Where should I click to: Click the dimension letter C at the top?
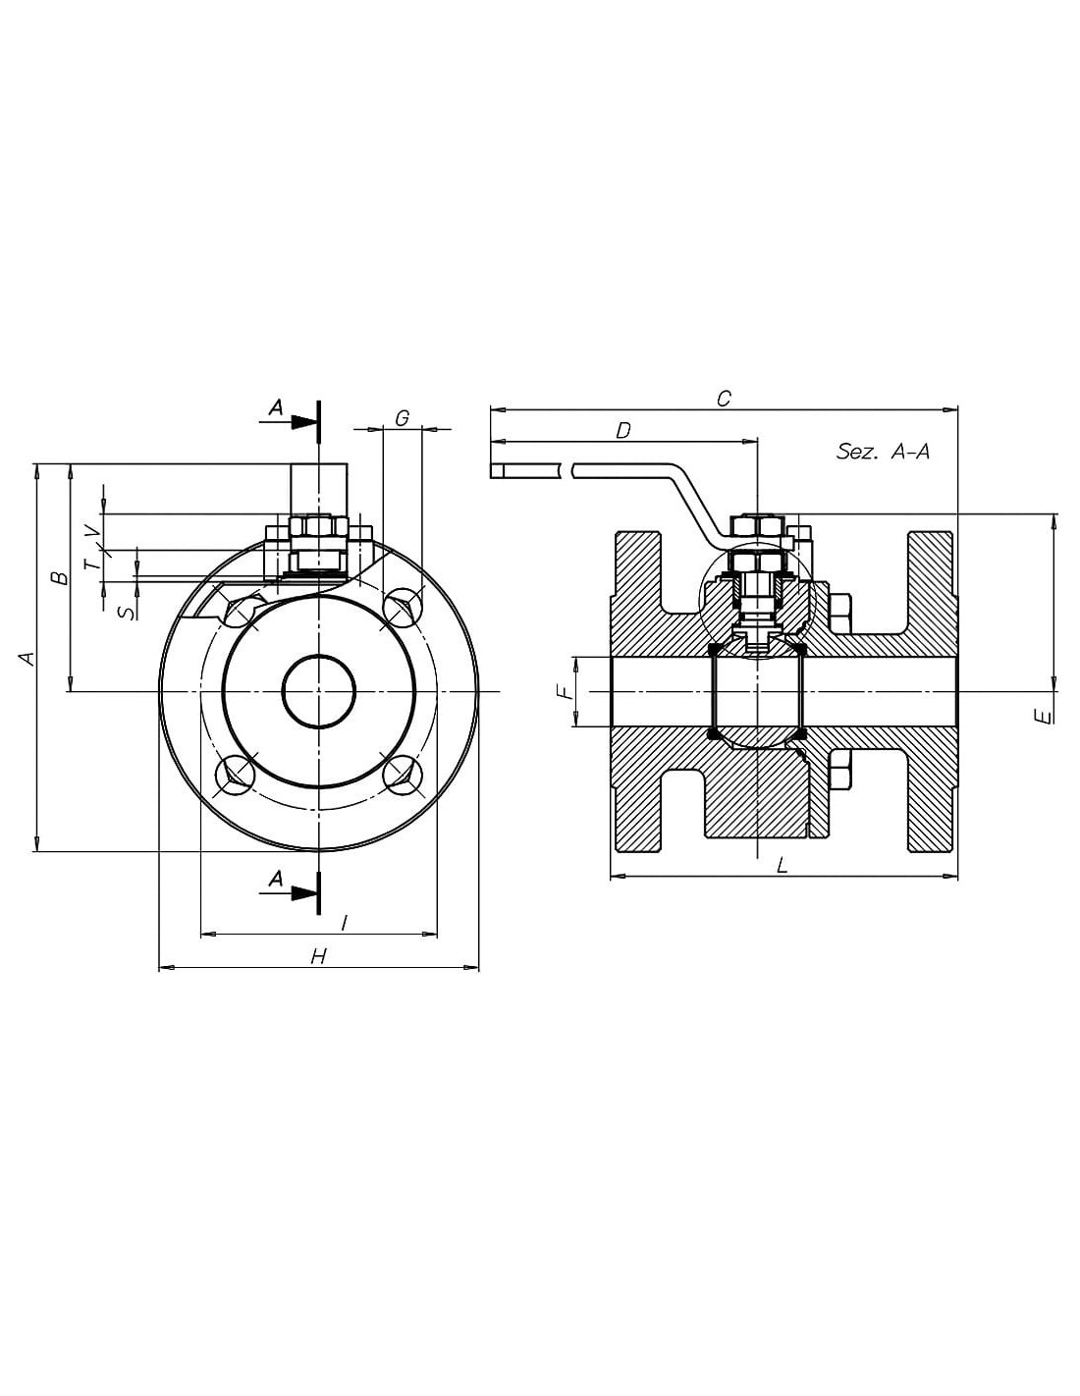coord(724,399)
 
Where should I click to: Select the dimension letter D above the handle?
coord(623,431)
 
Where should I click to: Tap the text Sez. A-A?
coord(883,452)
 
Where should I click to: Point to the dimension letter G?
coord(403,418)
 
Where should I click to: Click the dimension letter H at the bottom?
coord(319,956)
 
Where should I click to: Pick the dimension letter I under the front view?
coord(345,923)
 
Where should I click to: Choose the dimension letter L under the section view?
coord(782,865)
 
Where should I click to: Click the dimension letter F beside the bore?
coord(564,692)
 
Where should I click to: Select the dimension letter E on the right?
coord(1047,718)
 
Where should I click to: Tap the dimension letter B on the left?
coord(61,577)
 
